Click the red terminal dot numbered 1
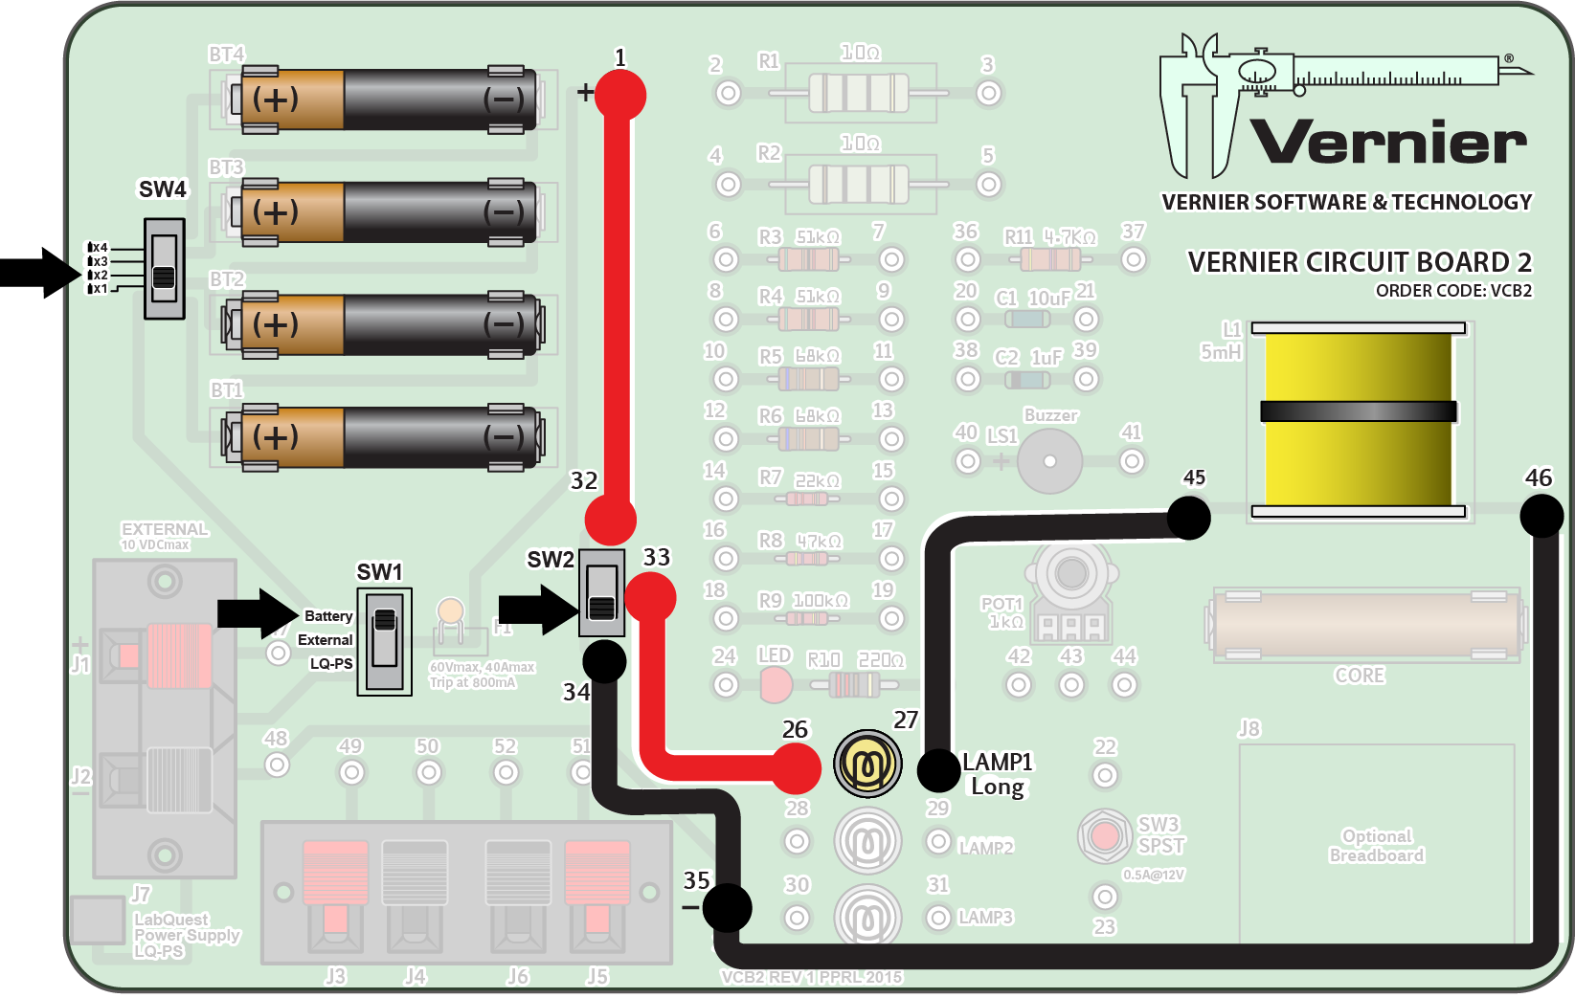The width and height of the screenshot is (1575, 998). tap(620, 96)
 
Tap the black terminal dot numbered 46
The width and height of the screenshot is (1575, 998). tap(1541, 518)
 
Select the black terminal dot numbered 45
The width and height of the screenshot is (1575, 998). tap(1189, 518)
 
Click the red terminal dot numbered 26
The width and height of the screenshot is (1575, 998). tap(797, 767)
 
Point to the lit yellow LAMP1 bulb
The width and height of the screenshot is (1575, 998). tap(867, 764)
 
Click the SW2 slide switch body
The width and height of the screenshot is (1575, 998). tap(601, 593)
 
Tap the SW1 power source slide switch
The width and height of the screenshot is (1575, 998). tap(385, 641)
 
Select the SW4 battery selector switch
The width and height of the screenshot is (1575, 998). tap(164, 269)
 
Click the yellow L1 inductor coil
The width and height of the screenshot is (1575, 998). tap(1358, 419)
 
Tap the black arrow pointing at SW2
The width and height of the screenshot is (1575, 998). tap(537, 610)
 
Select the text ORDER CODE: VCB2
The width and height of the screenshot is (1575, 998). tap(1452, 291)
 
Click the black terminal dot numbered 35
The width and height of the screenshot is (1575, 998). tap(727, 907)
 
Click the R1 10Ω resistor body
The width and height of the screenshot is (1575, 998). tap(859, 94)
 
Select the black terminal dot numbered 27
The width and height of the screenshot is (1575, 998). tap(938, 770)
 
